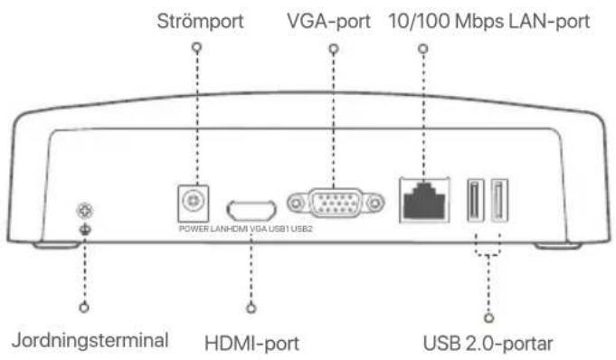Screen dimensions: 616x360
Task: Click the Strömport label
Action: tap(200, 21)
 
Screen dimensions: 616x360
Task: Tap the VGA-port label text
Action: tap(329, 21)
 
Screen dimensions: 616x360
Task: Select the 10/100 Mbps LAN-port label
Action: tap(489, 21)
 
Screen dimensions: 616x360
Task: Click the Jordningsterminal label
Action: tap(90, 340)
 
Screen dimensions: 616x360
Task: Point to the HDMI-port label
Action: tap(251, 343)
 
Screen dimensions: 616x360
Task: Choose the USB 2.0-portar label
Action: tap(488, 343)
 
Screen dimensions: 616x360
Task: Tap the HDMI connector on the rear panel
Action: tap(251, 210)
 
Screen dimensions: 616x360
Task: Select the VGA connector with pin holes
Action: tap(336, 204)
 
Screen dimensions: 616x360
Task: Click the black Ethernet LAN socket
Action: tap(424, 201)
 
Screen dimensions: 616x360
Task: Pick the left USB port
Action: tap(476, 200)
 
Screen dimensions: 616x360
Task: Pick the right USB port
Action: tap(499, 200)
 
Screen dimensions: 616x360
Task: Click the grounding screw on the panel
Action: tap(85, 211)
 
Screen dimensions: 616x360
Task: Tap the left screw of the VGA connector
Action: tap(296, 204)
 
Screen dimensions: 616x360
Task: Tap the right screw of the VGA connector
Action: tap(375, 204)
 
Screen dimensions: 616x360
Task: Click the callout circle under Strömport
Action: tap(197, 48)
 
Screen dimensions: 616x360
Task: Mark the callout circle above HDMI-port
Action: tap(251, 308)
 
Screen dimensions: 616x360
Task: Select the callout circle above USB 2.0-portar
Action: tap(488, 317)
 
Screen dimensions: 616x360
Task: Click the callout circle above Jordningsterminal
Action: tap(84, 308)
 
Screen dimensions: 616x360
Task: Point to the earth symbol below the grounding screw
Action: tap(85, 229)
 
